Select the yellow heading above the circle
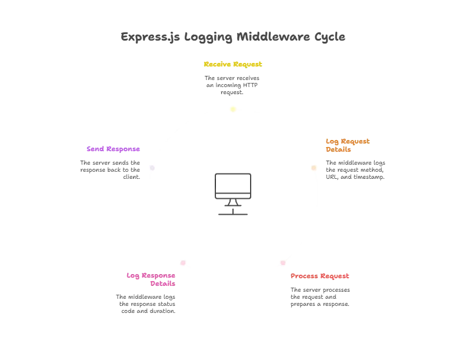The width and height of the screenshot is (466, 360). [x=233, y=65]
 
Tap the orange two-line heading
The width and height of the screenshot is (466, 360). [x=348, y=145]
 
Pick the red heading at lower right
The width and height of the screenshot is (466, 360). [x=320, y=276]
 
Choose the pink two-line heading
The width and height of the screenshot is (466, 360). [x=151, y=279]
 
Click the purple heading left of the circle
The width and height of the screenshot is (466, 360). [x=113, y=149]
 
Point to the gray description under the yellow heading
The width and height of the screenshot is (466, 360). [x=233, y=84]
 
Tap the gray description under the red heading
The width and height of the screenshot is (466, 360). [x=319, y=297]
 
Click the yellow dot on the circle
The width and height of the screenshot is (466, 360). [x=233, y=108]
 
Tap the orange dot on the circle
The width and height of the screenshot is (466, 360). [x=314, y=168]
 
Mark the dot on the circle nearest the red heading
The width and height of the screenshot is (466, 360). [x=283, y=262]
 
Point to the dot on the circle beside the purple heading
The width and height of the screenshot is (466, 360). [x=152, y=168]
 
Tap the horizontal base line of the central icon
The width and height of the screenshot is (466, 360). [x=233, y=214]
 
